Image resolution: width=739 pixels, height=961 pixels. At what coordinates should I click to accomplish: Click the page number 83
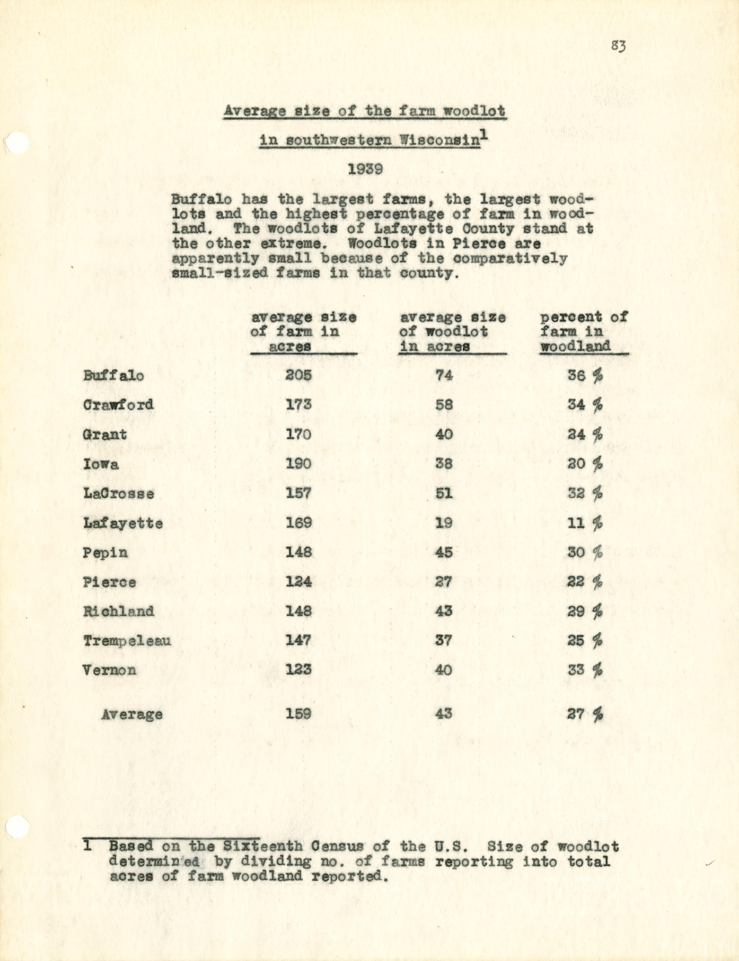(618, 46)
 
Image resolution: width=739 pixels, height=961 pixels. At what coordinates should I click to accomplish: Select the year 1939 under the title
(365, 169)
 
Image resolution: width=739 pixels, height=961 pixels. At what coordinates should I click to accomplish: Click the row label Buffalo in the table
(113, 376)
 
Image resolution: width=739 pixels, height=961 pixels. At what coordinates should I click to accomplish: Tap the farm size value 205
(299, 375)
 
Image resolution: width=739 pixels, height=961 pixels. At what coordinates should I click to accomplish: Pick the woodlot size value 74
(444, 375)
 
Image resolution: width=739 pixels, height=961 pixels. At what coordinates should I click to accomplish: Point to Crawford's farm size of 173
(299, 404)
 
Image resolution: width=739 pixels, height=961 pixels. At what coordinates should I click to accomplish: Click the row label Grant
(105, 435)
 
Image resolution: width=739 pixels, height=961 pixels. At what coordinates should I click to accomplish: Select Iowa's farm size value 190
(299, 464)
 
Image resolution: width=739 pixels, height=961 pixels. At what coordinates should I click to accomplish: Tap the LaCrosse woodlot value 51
(444, 493)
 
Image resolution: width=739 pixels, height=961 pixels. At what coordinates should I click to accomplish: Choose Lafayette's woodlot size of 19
(444, 523)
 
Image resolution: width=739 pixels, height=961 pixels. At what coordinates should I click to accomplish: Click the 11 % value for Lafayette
(585, 523)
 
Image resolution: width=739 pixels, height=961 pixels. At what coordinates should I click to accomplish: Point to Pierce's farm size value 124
(299, 582)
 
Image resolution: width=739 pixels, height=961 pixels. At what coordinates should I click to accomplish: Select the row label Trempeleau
(127, 640)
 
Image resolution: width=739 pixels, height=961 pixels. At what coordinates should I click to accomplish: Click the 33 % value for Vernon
(585, 670)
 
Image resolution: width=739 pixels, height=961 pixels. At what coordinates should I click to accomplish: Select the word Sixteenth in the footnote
(263, 846)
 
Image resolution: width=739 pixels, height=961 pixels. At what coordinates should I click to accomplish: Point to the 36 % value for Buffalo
(585, 375)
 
